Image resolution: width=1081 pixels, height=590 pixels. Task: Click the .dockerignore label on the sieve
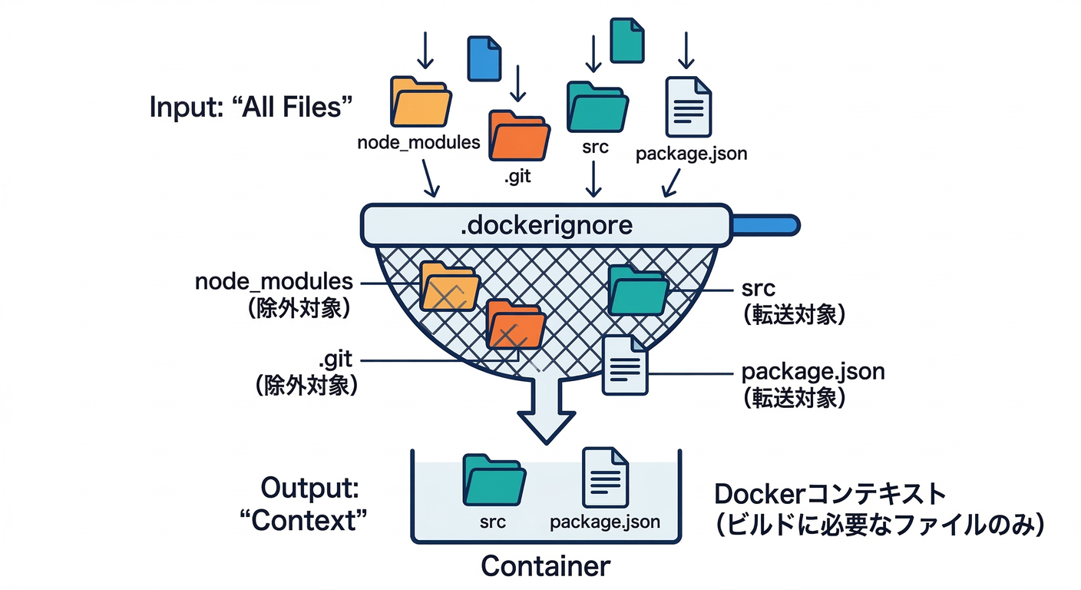545,226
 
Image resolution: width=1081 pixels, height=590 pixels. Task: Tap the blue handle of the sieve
765,225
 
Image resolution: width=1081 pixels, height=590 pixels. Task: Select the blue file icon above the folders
485,58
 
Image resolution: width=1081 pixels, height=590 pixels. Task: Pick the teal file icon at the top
626,41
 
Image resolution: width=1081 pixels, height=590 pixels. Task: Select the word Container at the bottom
545,566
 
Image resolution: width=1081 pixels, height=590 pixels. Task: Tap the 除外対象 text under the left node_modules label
299,307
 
